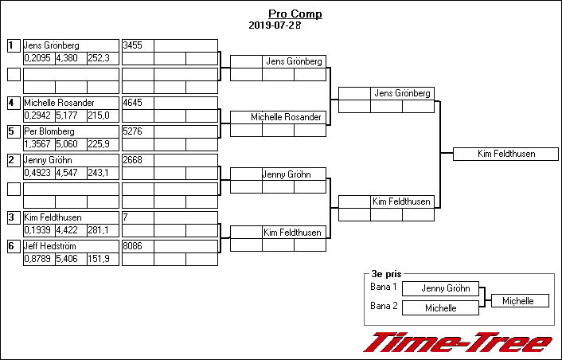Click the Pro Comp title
295,14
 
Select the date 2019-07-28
274,25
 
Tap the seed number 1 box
13,45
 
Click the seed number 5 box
13,131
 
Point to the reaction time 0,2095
38,58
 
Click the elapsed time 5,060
70,144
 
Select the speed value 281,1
103,230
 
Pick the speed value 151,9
103,259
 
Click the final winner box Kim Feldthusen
505,154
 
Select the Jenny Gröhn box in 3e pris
445,288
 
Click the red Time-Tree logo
457,342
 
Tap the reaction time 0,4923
38,173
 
